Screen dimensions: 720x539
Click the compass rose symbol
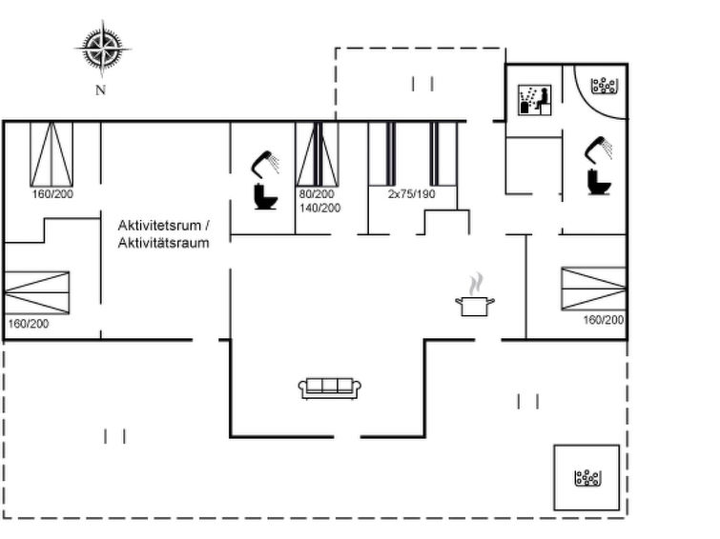[x=102, y=48]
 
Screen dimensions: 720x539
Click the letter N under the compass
[x=100, y=90]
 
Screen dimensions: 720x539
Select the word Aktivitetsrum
[x=159, y=226]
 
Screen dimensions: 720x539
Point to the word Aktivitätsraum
[x=163, y=243]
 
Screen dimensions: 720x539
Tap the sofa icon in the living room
[x=330, y=389]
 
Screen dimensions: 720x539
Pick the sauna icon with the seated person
[x=534, y=100]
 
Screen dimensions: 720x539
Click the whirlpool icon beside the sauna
[x=604, y=86]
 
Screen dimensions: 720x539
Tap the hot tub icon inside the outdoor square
[x=587, y=478]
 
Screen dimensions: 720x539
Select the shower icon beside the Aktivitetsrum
[x=265, y=164]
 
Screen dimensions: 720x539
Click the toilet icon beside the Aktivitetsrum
[x=265, y=196]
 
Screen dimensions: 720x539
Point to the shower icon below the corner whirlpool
[x=598, y=150]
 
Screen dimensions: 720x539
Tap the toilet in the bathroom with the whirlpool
[x=599, y=182]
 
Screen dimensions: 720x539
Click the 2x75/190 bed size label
[x=411, y=193]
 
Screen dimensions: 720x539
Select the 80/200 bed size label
[x=317, y=193]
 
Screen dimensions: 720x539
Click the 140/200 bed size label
[x=320, y=209]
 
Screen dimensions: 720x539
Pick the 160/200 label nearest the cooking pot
[x=604, y=320]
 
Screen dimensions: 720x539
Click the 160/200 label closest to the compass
[x=52, y=194]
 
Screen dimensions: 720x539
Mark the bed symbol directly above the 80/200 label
[x=318, y=154]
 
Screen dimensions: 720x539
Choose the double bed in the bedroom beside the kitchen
[x=593, y=289]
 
